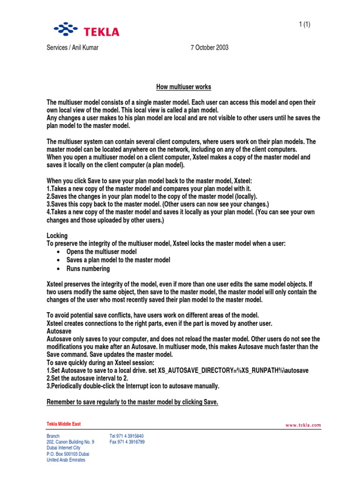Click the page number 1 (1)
tap(305, 25)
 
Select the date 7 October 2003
tap(210, 48)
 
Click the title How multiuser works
tap(183, 87)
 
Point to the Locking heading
tap(57, 235)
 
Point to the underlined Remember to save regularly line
tap(133, 402)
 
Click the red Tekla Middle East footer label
tap(64, 424)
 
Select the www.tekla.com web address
tap(303, 425)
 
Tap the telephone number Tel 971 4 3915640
tap(127, 436)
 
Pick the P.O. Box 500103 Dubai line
tap(68, 454)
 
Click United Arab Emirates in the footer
tap(66, 460)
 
